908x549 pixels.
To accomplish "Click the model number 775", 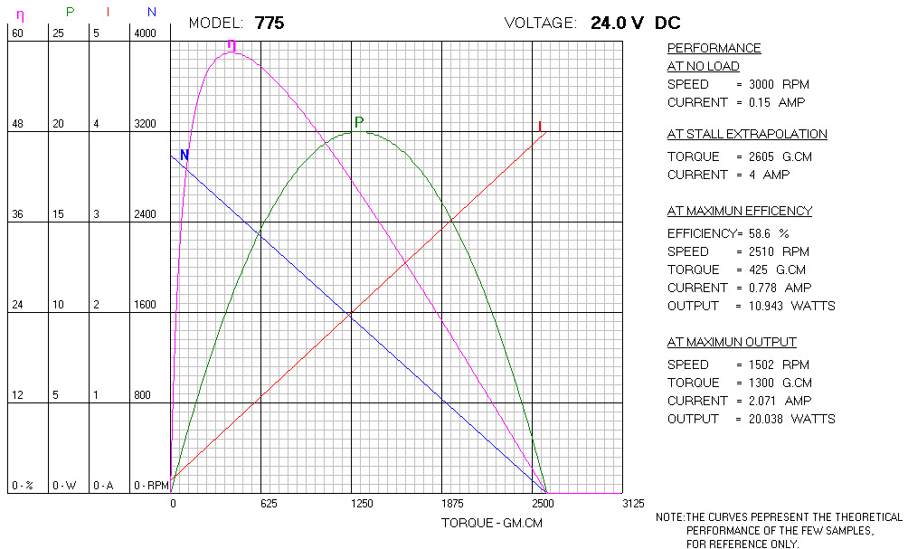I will tap(270, 24).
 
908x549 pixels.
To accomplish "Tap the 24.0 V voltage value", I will tap(614, 24).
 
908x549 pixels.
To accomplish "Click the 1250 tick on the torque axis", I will tap(361, 503).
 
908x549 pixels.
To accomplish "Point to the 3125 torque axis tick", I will tap(633, 503).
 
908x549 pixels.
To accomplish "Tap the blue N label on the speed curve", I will tap(184, 156).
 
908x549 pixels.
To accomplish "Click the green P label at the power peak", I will tap(359, 122).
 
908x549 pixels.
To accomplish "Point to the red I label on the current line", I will tap(540, 127).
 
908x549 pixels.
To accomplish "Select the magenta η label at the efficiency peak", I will tap(232, 44).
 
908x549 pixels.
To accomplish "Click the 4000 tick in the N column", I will tap(146, 33).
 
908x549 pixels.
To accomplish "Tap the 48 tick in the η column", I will tap(17, 124).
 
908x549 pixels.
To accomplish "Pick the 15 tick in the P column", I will tap(58, 214).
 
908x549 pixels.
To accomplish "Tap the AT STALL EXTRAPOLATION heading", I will tap(747, 134).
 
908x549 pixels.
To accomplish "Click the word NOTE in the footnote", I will tap(669, 517).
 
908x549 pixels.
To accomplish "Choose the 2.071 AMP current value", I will tap(754, 401).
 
